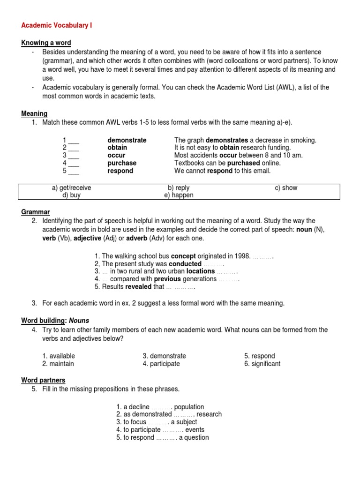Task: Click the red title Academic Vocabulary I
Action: [56, 25]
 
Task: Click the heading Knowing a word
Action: [46, 43]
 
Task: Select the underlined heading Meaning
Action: [34, 113]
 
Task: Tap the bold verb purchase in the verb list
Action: [122, 163]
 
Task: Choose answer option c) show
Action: [286, 188]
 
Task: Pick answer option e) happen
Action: [179, 195]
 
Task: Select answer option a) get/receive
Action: [71, 188]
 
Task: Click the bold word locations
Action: [201, 271]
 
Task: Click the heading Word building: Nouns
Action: [55, 321]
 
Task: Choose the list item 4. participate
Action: [161, 364]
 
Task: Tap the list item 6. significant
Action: [262, 364]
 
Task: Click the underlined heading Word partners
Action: [43, 380]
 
